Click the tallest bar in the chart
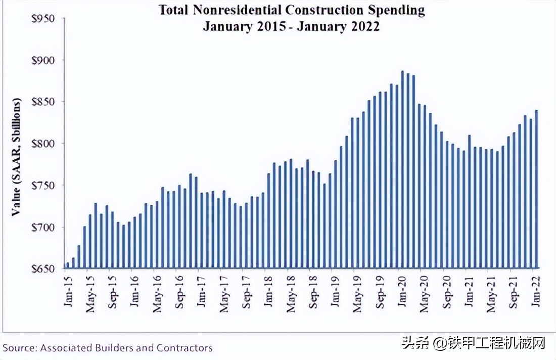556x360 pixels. (402, 169)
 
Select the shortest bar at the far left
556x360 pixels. (68, 265)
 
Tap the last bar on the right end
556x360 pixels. (536, 189)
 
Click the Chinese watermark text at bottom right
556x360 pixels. (474, 344)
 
